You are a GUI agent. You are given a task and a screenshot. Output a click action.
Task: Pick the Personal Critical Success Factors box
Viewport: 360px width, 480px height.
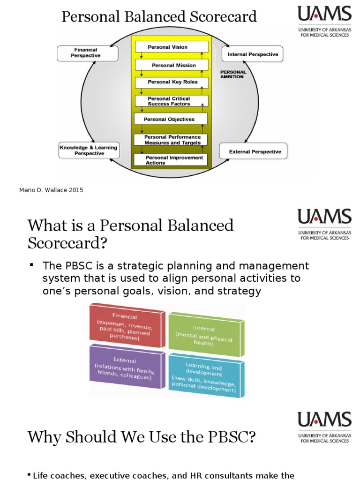coord(171,101)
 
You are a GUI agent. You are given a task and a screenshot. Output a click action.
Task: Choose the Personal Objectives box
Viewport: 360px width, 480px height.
coord(170,119)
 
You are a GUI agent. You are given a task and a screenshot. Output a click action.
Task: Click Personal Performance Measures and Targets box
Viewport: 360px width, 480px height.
coord(171,140)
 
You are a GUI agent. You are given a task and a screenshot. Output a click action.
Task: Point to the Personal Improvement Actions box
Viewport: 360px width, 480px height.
coord(171,160)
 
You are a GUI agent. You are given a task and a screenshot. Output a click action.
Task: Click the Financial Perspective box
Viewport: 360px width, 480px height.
coord(85,52)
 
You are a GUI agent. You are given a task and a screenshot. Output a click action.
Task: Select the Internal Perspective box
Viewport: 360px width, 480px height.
coord(253,54)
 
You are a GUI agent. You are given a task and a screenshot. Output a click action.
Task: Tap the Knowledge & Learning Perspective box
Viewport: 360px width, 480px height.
coord(89,150)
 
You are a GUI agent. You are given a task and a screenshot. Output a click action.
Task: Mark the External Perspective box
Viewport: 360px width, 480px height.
coord(254,152)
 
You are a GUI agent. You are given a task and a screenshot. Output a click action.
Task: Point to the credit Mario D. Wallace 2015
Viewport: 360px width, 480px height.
coord(51,190)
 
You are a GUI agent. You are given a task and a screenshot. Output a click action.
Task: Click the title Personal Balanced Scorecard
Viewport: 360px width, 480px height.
coord(160,17)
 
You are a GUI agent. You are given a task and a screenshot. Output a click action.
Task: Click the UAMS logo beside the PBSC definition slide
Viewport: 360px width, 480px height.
coord(324,224)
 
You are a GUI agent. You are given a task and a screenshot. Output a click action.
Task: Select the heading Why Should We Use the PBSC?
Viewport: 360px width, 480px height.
coord(142,437)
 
